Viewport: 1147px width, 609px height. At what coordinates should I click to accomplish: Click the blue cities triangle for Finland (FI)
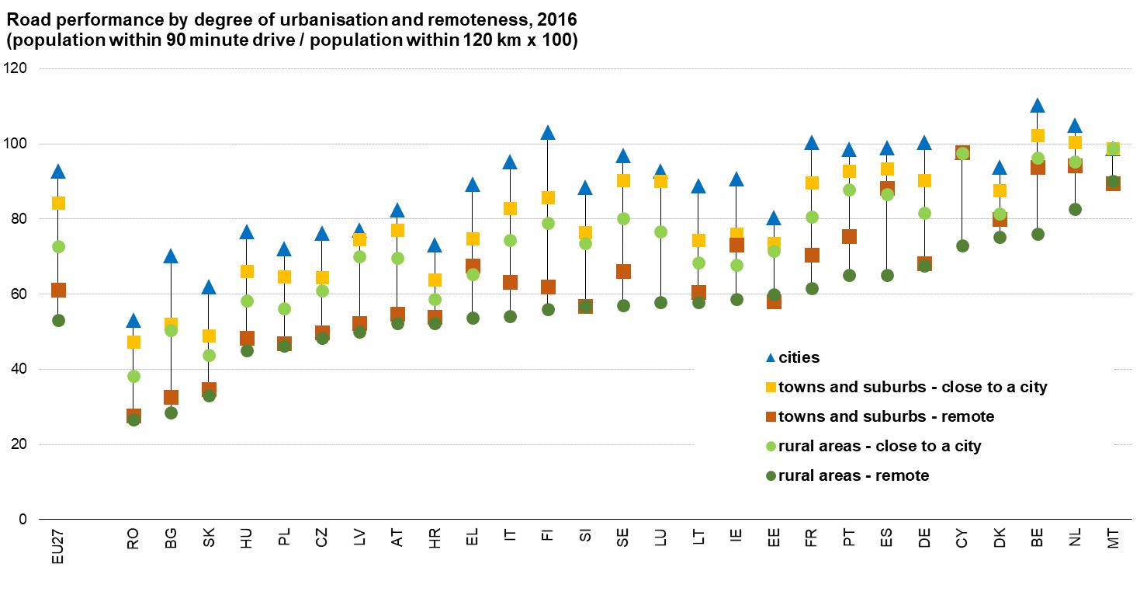point(548,133)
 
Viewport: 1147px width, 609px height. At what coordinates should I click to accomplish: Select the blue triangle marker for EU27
point(57,172)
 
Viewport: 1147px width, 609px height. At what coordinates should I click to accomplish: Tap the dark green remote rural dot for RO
point(133,420)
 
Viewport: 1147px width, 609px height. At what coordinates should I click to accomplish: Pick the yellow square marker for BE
point(1038,136)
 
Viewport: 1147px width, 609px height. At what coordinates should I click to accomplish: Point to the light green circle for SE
point(623,218)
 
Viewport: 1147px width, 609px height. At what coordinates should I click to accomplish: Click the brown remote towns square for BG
point(172,398)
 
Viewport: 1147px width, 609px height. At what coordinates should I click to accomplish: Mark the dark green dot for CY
point(962,245)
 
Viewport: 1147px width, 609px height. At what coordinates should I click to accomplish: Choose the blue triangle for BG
point(172,256)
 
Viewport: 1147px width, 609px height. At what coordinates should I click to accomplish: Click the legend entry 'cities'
point(799,358)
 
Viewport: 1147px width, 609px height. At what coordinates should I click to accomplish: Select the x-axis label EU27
point(57,545)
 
